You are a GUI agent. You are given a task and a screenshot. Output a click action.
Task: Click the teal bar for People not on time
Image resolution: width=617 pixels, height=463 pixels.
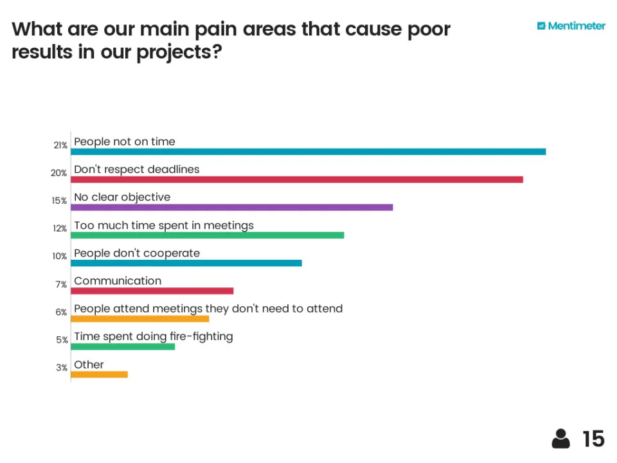pyautogui.click(x=308, y=152)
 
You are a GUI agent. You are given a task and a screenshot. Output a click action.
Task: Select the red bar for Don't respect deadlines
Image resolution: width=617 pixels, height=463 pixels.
pyautogui.click(x=296, y=179)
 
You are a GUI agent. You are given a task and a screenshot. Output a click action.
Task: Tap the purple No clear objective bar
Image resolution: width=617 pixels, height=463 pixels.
pyautogui.click(x=231, y=207)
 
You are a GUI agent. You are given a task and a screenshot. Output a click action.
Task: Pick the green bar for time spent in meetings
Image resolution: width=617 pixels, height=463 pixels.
pyautogui.click(x=207, y=235)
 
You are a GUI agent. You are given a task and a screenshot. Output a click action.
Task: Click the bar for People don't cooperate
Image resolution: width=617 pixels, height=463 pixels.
pyautogui.click(x=186, y=262)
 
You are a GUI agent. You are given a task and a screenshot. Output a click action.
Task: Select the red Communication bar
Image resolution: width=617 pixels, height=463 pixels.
pyautogui.click(x=152, y=291)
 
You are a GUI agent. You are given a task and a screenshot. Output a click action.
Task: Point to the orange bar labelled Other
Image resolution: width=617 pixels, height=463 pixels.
pyautogui.click(x=99, y=374)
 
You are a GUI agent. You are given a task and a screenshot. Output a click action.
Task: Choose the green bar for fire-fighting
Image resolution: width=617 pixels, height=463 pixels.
pyautogui.click(x=122, y=347)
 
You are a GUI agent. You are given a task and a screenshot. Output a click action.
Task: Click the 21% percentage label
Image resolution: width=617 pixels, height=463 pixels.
pyautogui.click(x=60, y=145)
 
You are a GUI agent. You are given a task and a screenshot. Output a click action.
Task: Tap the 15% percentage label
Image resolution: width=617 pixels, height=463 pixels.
pyautogui.click(x=60, y=201)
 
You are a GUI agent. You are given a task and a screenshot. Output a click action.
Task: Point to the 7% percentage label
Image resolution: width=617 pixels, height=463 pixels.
pyautogui.click(x=62, y=284)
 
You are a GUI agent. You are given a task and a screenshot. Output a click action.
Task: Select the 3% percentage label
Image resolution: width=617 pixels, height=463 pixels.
pyautogui.click(x=62, y=368)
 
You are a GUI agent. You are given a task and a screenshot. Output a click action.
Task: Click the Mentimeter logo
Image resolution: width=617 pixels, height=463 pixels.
pyautogui.click(x=571, y=26)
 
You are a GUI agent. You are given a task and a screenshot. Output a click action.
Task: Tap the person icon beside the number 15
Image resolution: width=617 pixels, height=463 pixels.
pyautogui.click(x=560, y=439)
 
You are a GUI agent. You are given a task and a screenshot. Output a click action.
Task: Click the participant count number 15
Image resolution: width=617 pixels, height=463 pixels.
pyautogui.click(x=593, y=439)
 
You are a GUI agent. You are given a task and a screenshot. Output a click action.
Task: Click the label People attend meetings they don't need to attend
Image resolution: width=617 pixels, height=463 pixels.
pyautogui.click(x=208, y=309)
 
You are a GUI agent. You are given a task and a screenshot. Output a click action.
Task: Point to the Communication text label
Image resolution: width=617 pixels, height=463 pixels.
pyautogui.click(x=118, y=281)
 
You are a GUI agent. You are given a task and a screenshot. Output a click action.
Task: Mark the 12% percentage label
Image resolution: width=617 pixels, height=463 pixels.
pyautogui.click(x=60, y=228)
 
